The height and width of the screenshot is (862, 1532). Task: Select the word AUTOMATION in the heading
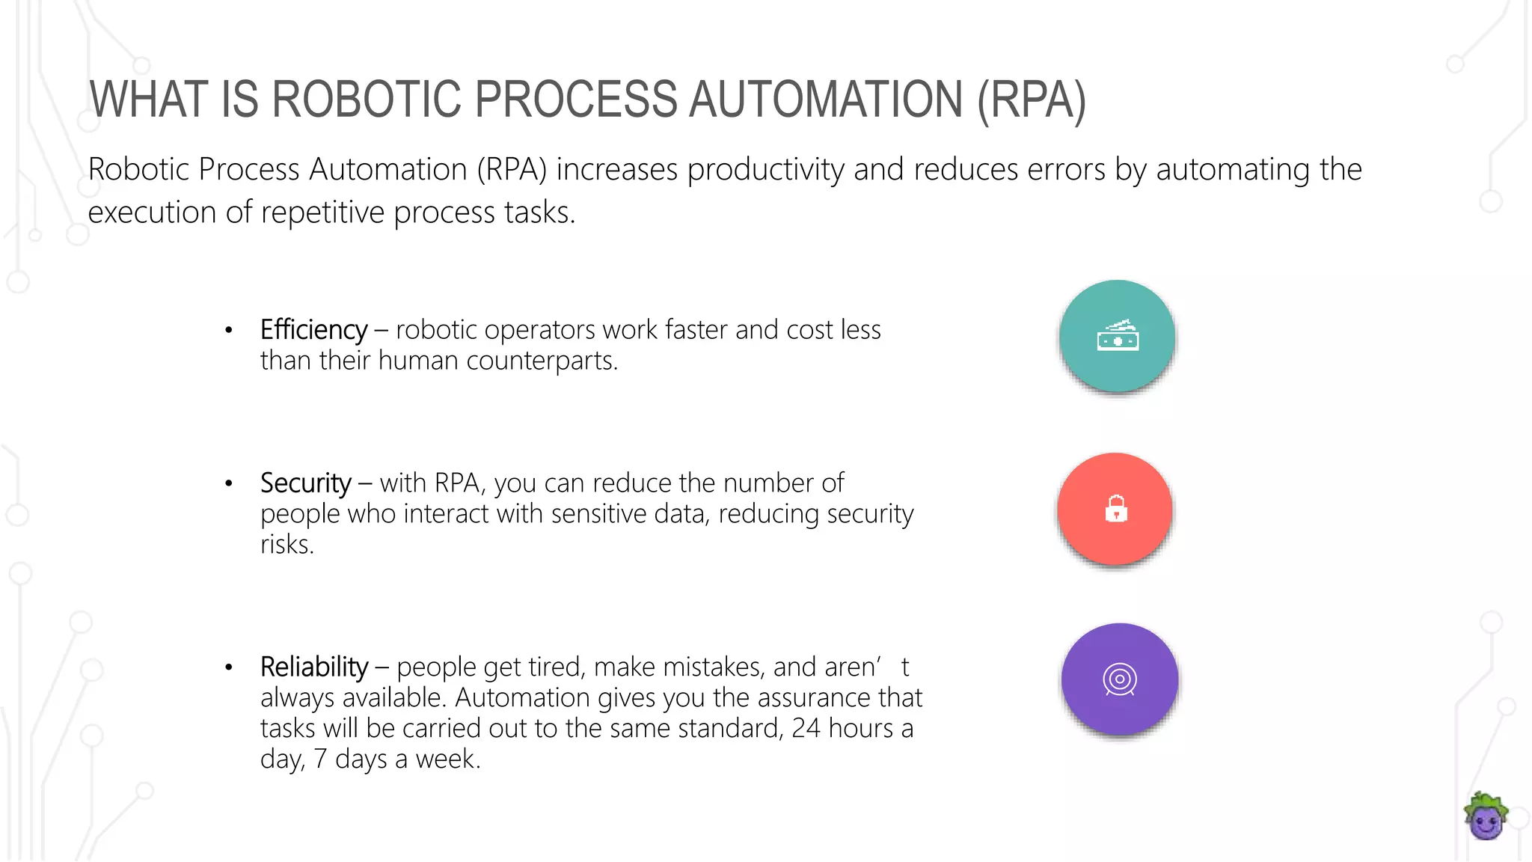coord(825,100)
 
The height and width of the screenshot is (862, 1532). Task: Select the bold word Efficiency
coord(313,330)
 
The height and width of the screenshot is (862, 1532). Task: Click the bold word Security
coord(305,483)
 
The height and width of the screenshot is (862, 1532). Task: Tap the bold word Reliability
coord(314,667)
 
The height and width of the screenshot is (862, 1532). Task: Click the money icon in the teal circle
coord(1118,337)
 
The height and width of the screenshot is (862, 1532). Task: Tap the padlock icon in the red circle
coord(1116,509)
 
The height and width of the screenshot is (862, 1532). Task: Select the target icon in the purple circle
coord(1120,679)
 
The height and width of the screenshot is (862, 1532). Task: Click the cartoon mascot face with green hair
coord(1485,817)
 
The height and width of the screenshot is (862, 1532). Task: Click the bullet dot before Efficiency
coord(229,330)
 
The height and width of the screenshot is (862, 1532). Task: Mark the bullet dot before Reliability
coord(229,667)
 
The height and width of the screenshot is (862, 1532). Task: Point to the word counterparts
coord(542,361)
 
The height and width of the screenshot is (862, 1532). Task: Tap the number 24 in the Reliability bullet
coord(806,728)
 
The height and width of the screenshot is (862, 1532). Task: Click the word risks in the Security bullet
coord(287,545)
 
